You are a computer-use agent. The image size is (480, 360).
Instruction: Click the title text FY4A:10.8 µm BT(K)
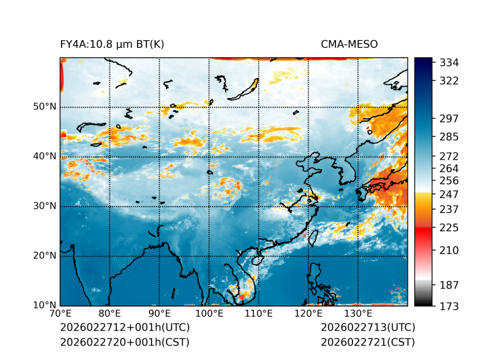112,44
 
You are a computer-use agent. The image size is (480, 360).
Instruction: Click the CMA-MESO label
349,44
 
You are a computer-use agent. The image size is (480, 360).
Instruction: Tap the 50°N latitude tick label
45,107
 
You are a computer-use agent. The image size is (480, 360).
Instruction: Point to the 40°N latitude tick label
45,156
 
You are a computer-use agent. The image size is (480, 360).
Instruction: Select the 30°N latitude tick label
45,206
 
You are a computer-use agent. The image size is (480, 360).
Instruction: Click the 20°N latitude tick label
45,256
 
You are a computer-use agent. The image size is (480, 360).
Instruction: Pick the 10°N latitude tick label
45,305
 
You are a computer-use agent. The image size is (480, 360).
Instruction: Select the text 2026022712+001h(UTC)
124,328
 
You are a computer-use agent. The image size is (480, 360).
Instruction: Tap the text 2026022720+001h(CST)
124,342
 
